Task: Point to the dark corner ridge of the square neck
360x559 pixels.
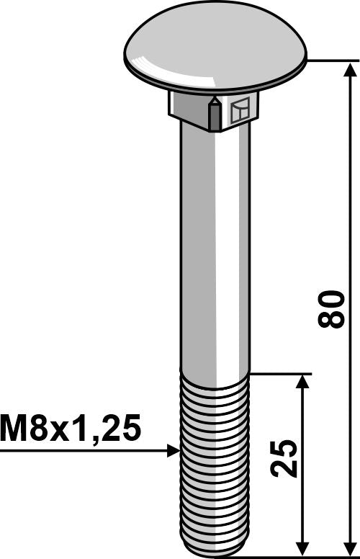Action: (x=213, y=114)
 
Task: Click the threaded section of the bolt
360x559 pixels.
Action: (x=214, y=461)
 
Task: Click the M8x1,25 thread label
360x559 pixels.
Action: (x=71, y=430)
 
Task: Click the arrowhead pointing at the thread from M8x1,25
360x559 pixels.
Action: (x=173, y=451)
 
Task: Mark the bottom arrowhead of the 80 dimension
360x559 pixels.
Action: (x=351, y=547)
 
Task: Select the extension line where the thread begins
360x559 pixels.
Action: (x=281, y=373)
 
